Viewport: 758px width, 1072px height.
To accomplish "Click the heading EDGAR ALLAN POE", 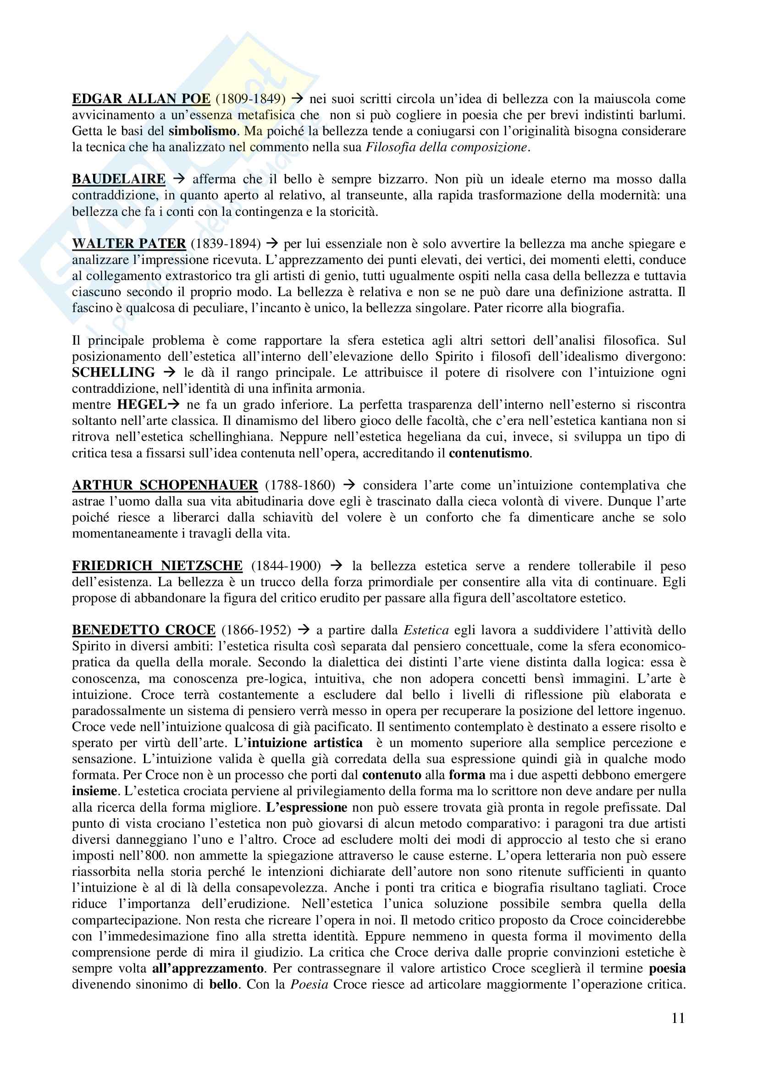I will pyautogui.click(x=141, y=99).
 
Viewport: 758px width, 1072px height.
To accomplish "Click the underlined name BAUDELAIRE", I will pyautogui.click(x=119, y=179).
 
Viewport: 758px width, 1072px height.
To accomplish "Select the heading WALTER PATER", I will pyautogui.click(x=129, y=244).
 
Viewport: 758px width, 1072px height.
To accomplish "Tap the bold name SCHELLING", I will pyautogui.click(x=113, y=373).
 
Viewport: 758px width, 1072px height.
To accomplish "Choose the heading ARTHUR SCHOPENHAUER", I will pyautogui.click(x=165, y=485).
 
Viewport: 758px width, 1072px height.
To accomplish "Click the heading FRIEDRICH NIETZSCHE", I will pyautogui.click(x=157, y=566).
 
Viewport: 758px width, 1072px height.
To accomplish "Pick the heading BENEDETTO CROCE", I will pyautogui.click(x=144, y=630).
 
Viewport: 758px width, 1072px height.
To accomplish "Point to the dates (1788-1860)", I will pyautogui.click(x=300, y=485).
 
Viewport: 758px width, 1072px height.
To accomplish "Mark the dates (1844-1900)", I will pyautogui.click(x=286, y=566).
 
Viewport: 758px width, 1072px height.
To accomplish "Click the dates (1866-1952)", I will pyautogui.click(x=256, y=630).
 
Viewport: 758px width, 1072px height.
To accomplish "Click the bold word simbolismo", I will pyautogui.click(x=202, y=131).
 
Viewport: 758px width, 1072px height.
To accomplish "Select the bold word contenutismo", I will pyautogui.click(x=489, y=453).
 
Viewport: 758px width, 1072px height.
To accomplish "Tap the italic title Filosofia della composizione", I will pyautogui.click(x=447, y=148).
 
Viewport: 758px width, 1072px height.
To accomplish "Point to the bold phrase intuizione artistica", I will pyautogui.click(x=305, y=743).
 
